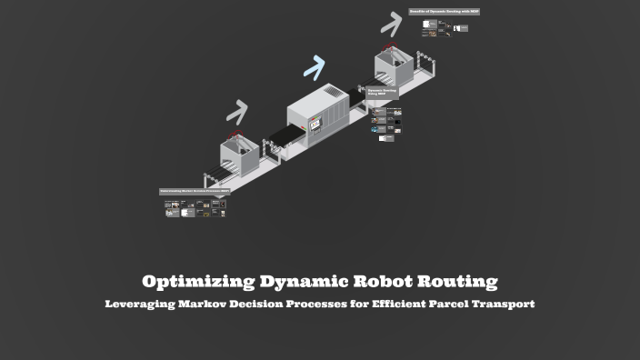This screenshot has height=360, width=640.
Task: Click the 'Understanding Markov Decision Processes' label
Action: click(195, 192)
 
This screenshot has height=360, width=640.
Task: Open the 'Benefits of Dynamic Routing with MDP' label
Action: click(444, 12)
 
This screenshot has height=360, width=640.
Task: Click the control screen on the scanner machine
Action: click(315, 124)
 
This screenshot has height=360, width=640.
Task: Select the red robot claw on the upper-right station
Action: click(391, 45)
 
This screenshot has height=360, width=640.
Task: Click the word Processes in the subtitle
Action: click(305, 304)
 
